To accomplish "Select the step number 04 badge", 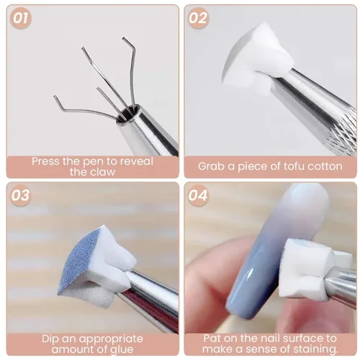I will pos(199,196).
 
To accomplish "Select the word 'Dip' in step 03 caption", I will pos(41,338).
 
